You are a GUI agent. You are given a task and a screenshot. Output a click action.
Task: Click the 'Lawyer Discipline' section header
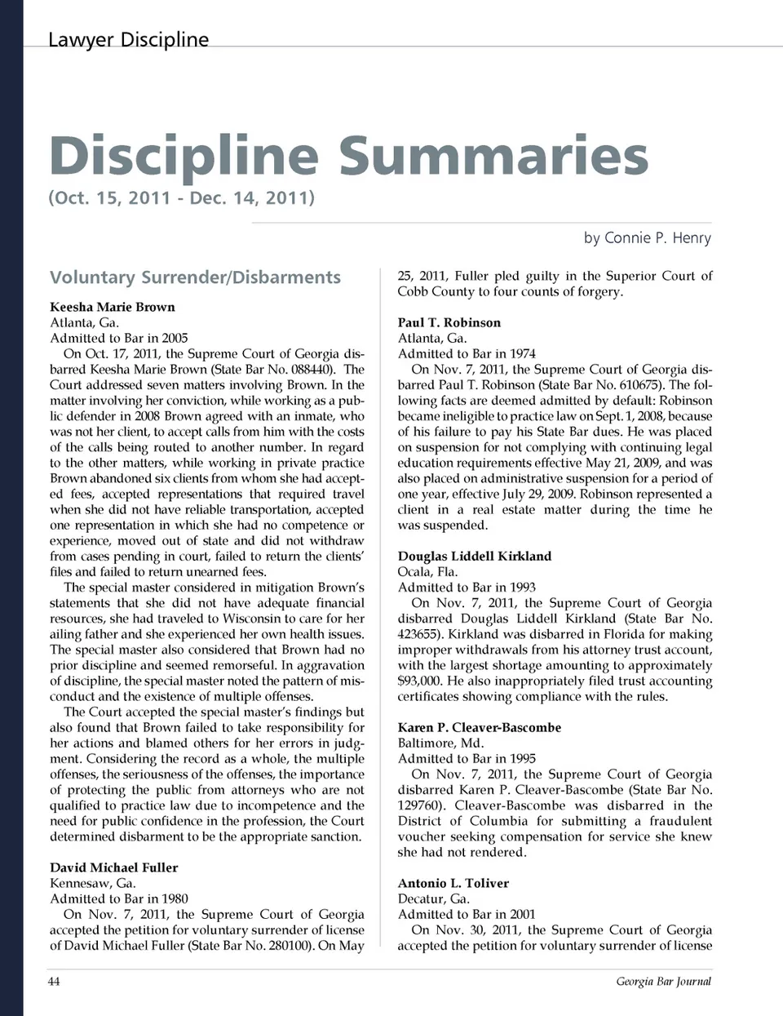128,39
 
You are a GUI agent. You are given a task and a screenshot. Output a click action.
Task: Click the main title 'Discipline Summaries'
348,155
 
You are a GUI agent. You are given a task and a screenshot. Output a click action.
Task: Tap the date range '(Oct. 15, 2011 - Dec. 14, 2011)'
181,197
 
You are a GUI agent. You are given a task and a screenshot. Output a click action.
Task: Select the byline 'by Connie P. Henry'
647,237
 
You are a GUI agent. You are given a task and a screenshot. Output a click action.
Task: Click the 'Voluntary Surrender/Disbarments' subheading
195,277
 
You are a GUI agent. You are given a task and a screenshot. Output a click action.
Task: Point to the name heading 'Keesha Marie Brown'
113,307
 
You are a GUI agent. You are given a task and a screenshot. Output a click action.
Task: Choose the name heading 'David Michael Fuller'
113,867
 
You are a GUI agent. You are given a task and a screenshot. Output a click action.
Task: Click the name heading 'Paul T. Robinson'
449,322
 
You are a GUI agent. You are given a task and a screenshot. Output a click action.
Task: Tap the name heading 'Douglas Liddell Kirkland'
475,556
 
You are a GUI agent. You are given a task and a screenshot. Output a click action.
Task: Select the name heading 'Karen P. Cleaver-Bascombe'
480,727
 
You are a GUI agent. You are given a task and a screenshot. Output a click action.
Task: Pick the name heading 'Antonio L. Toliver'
453,883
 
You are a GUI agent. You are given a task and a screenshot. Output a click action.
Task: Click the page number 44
54,981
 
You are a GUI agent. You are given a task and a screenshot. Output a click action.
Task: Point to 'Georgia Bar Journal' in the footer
663,981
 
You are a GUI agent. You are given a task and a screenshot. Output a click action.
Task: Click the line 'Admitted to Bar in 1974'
467,353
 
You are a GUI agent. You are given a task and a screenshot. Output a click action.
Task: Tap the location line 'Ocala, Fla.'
428,571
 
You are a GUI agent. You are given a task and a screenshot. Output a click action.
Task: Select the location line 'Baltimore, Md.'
440,743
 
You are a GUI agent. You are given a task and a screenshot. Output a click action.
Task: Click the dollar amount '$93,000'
419,681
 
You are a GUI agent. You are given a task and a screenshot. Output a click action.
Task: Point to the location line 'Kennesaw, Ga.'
93,883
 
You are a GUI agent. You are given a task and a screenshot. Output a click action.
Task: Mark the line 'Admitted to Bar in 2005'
119,338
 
